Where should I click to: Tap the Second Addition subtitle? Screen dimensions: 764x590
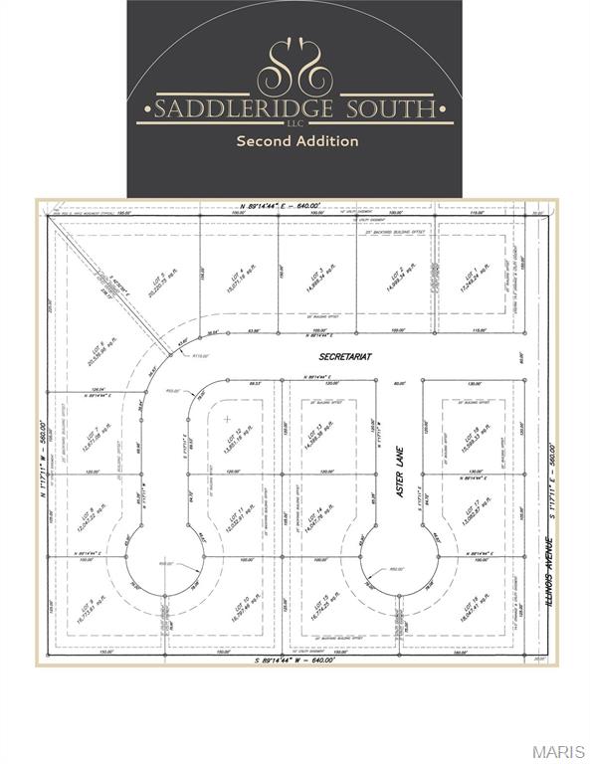(296, 141)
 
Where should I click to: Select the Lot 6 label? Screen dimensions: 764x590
(101, 348)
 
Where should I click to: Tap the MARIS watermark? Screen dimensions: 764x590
(558, 751)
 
